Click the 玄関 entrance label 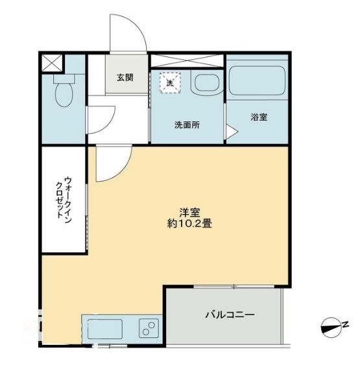click(125, 77)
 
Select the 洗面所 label click(186, 124)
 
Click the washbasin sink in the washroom click(206, 85)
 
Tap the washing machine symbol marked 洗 click(170, 82)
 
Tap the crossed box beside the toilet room click(52, 64)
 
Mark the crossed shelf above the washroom click(187, 62)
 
